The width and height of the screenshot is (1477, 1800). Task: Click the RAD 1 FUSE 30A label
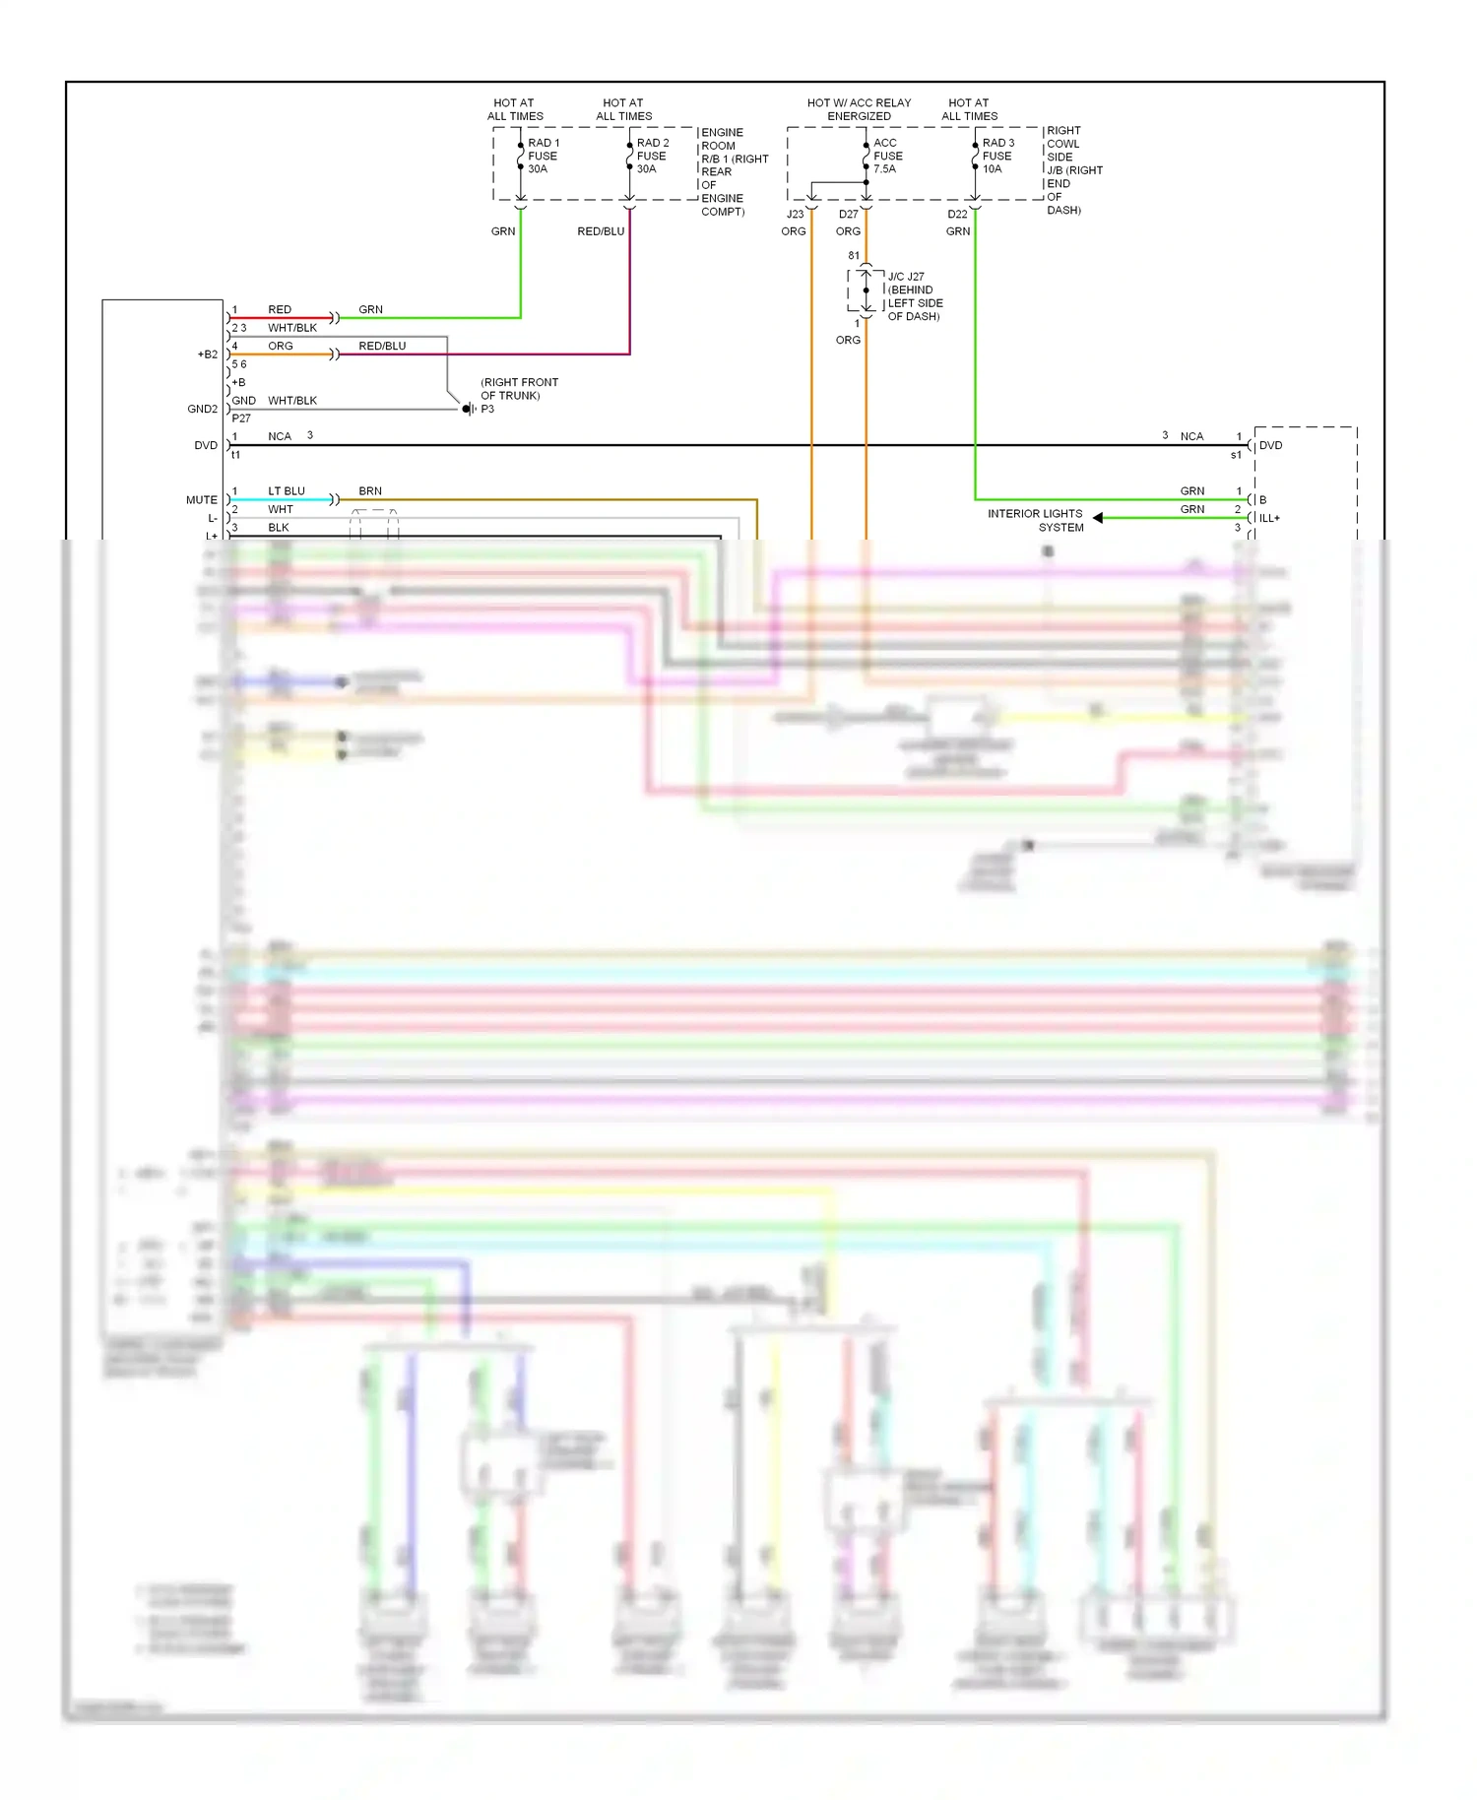(543, 156)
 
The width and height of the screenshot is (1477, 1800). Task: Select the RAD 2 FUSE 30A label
(652, 156)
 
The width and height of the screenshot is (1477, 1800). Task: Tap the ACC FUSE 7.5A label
(887, 156)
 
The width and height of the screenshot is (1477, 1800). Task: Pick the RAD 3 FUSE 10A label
(996, 156)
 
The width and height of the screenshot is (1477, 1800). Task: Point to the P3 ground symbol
(469, 409)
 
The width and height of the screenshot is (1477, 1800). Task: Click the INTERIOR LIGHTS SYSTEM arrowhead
(1097, 518)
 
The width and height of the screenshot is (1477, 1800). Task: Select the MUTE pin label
(201, 500)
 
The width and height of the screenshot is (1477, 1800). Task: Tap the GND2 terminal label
(202, 409)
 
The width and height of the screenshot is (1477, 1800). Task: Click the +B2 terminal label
(207, 354)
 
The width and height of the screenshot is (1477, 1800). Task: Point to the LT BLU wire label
(286, 490)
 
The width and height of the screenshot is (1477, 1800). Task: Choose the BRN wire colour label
(370, 490)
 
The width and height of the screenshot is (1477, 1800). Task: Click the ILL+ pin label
(1269, 518)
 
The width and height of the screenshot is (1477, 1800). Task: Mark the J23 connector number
(795, 214)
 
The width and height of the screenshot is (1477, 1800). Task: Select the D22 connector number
(957, 214)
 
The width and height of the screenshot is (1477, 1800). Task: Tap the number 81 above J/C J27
(853, 255)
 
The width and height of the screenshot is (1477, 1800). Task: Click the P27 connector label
(241, 418)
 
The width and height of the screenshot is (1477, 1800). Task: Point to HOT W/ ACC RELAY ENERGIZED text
(859, 109)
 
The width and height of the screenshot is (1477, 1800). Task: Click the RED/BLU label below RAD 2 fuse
(601, 231)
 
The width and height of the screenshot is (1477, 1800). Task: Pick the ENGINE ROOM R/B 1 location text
(733, 171)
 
